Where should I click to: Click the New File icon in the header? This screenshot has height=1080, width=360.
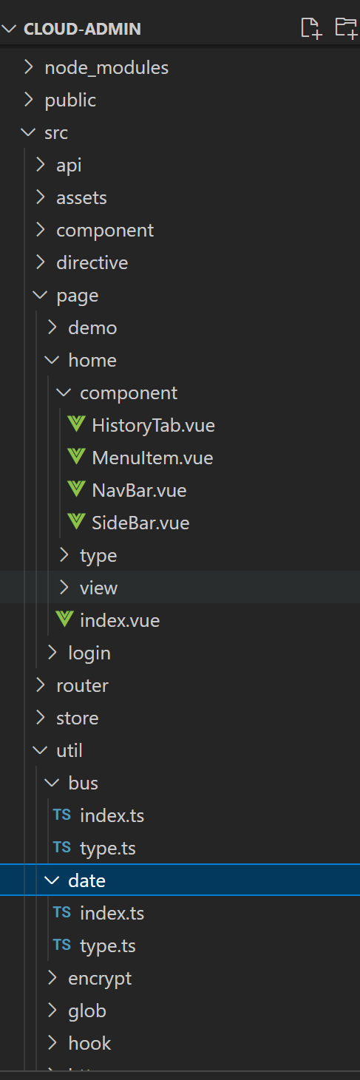(311, 28)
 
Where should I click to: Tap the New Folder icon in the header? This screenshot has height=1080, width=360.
(346, 28)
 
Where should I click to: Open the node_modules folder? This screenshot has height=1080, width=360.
(106, 68)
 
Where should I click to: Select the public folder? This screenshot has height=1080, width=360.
(70, 101)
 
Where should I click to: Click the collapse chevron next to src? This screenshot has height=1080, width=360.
(28, 132)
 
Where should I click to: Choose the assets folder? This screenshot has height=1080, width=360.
(81, 198)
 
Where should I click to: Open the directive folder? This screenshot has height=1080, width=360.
(92, 262)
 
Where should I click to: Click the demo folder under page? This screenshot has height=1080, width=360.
(92, 328)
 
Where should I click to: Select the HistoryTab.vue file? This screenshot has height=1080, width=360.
(153, 425)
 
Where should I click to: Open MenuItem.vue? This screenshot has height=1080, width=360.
(152, 458)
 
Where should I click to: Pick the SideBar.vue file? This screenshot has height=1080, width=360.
(140, 523)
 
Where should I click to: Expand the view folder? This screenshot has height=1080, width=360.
(98, 588)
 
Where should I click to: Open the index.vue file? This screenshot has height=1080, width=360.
(120, 620)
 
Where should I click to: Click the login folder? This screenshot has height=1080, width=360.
(89, 653)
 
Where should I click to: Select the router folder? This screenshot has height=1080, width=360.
(82, 685)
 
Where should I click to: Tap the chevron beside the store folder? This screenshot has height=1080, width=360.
(41, 718)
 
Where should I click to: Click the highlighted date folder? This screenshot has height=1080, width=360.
(86, 880)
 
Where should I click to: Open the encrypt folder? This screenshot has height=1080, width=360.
(100, 979)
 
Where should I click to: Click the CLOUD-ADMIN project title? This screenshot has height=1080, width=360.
(82, 29)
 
